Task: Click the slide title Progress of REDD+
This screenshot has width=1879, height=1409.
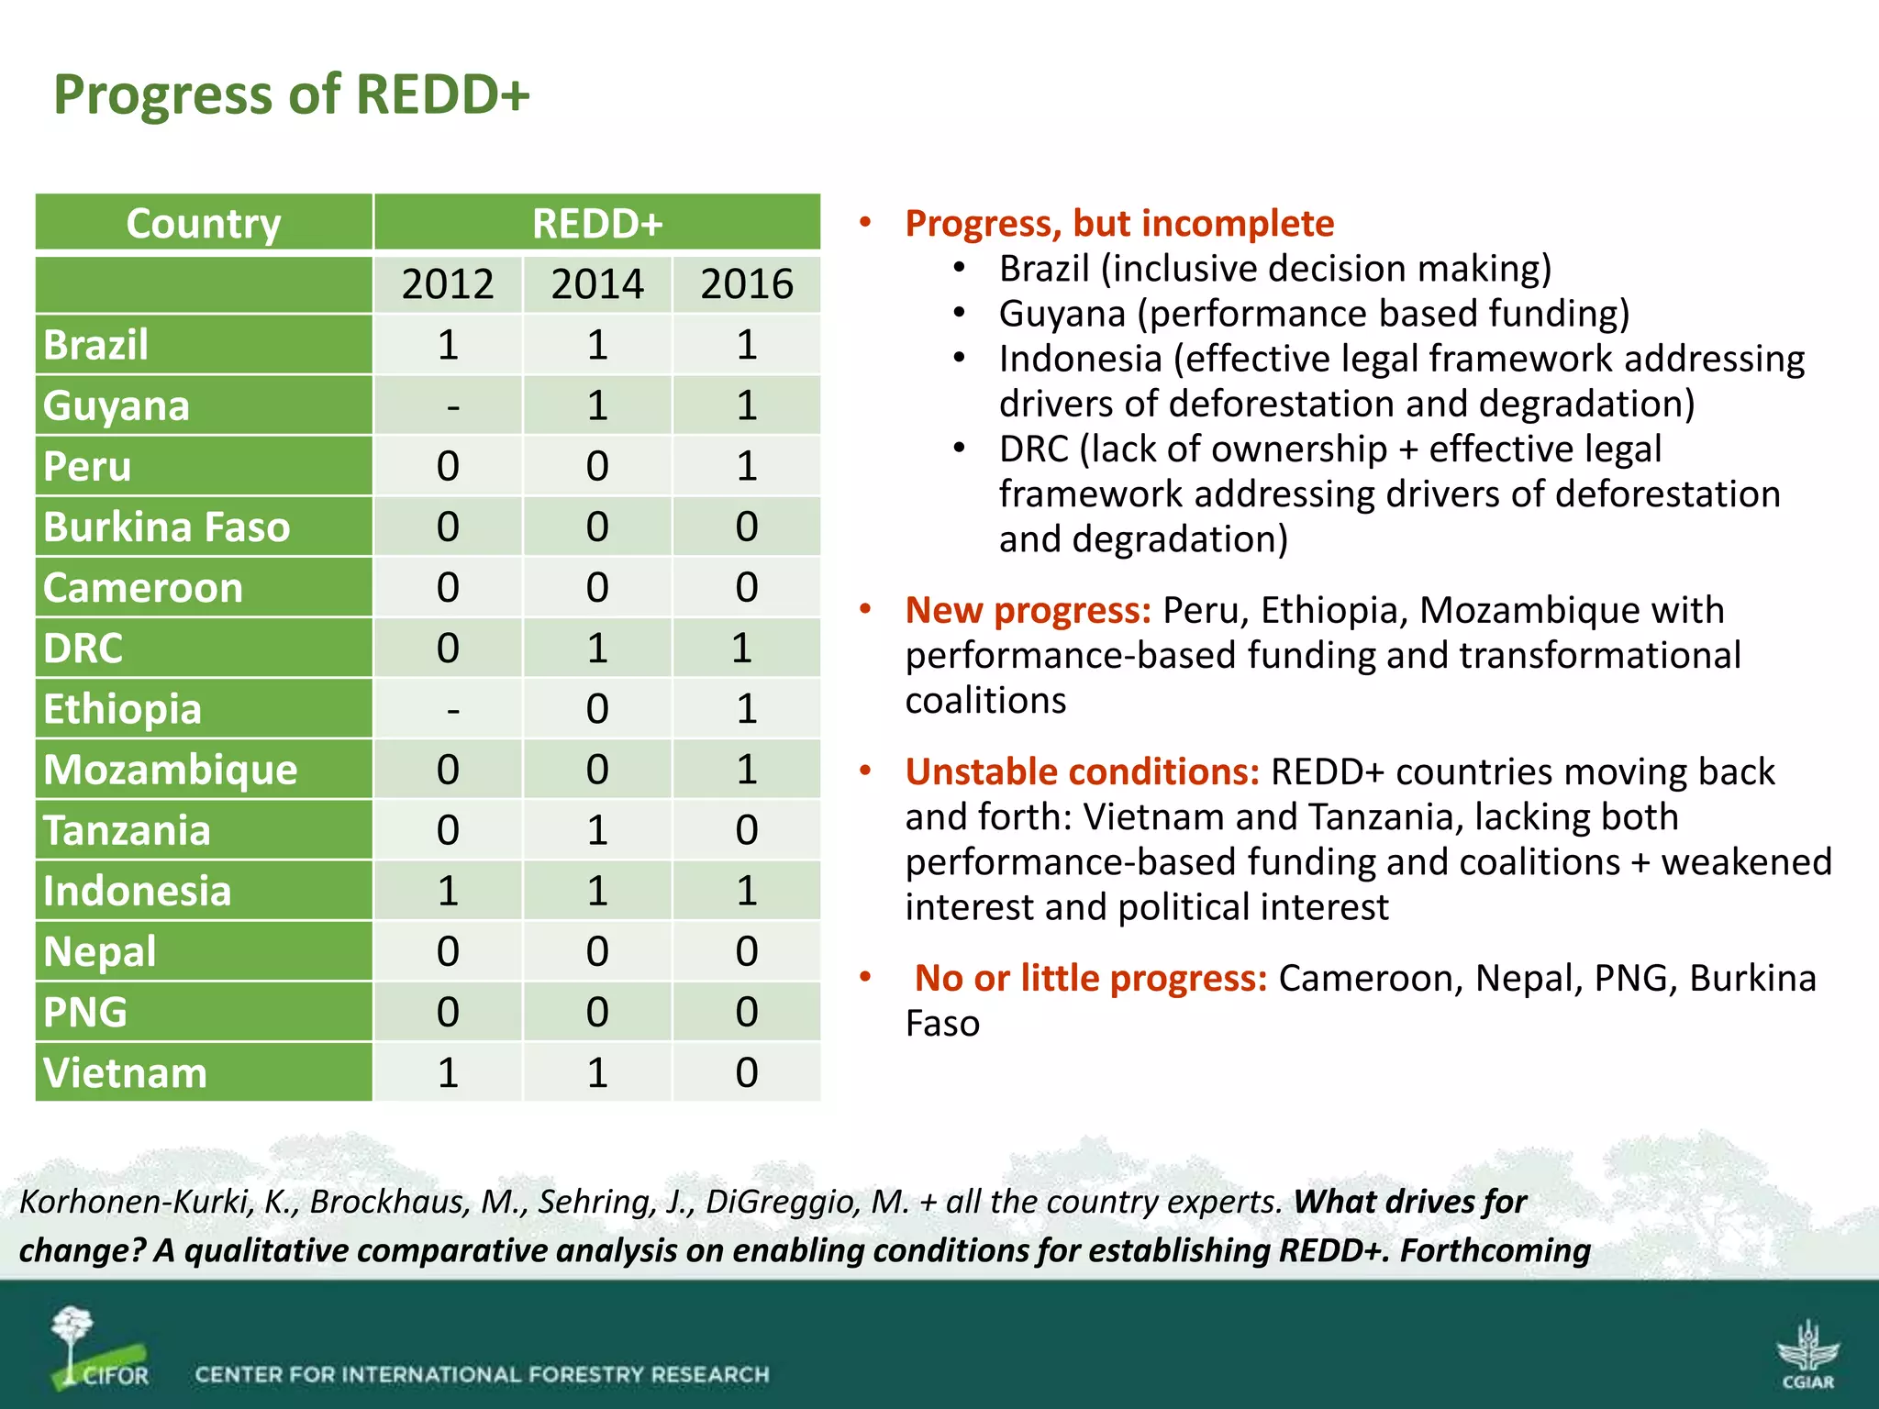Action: coord(292,94)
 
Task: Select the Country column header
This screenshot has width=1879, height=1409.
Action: coord(204,223)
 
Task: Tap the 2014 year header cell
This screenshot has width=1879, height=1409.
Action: coord(597,283)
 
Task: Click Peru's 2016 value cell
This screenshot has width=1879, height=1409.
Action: coord(747,466)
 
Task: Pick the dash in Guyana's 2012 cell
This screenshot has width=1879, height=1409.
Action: coord(452,405)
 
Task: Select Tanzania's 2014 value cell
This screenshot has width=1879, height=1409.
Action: coord(597,830)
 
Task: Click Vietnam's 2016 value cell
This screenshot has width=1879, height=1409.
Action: coord(747,1072)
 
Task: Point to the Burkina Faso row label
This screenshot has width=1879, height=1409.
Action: coord(167,527)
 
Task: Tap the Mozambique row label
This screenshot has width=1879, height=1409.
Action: coord(171,770)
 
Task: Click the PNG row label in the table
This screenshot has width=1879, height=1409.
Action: coord(85,1012)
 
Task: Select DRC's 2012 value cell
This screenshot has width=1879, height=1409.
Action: coord(448,649)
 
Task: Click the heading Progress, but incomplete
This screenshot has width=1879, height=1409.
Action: coord(1119,224)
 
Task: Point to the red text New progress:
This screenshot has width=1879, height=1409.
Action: coord(1028,610)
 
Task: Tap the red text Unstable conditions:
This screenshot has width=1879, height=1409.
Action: coord(1083,772)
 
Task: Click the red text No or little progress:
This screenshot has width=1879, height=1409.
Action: coord(1090,979)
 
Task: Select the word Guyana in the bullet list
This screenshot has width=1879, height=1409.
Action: coord(1062,314)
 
